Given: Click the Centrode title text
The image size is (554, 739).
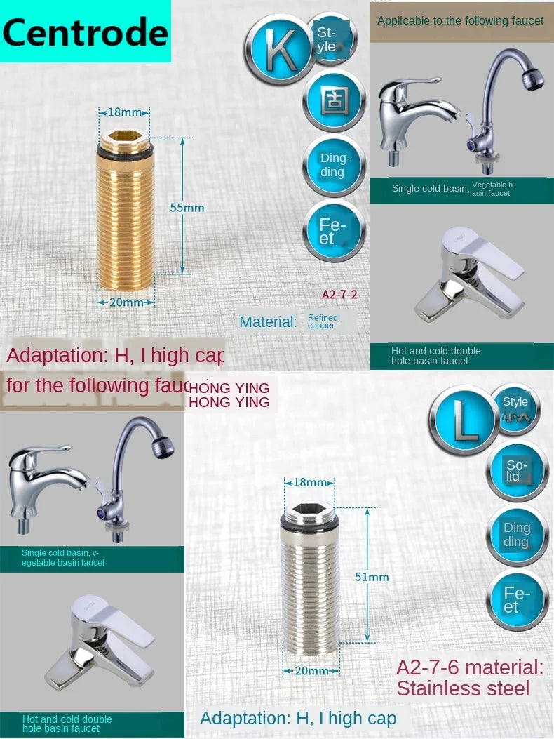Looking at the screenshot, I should point(85,32).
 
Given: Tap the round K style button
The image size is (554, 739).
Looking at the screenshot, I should point(278,50).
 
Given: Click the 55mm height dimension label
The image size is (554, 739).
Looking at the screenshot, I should point(187,208).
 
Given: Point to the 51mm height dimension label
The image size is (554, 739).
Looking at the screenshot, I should point(372,577).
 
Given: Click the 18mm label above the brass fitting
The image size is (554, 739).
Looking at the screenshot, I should point(125,112).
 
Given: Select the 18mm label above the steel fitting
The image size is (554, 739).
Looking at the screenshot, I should point(309,483).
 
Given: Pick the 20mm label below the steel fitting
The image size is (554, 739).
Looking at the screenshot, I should point(311,671).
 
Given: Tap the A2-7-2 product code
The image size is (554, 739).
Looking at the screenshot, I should point(339,295).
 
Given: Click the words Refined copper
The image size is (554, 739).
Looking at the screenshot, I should point(323,321).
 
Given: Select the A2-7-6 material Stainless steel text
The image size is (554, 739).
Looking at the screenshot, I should point(469,677).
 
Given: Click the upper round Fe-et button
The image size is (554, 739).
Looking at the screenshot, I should point(334,231).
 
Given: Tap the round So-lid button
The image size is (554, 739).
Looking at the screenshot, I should point(517,471).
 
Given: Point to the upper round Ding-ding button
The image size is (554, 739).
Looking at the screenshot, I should point(334,166).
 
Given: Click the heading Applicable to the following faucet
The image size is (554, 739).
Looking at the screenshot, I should point(460,21).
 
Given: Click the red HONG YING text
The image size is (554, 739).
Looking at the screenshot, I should point(229,395).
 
